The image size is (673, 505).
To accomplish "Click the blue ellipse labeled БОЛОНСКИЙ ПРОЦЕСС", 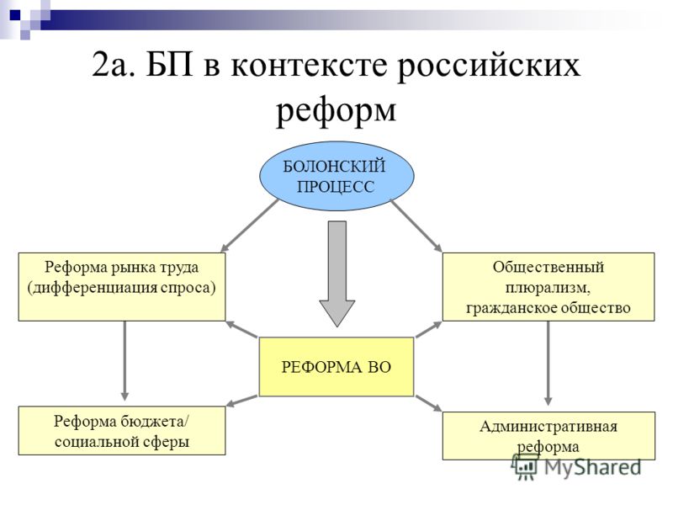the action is [x=337, y=176].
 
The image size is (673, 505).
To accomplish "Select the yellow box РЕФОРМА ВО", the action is [x=336, y=367].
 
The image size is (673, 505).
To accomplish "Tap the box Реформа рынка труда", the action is [x=122, y=286].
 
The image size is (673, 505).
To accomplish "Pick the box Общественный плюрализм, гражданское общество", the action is [x=548, y=286].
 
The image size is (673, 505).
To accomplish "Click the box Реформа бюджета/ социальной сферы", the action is [x=122, y=431].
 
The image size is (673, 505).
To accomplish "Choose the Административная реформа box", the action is [x=549, y=436].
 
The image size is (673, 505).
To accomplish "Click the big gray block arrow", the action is [x=337, y=274].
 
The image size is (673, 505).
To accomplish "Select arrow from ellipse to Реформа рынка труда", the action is [x=249, y=226].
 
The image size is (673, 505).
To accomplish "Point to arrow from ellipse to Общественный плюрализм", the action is [x=416, y=226].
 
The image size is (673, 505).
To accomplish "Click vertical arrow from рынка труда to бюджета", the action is [x=125, y=361].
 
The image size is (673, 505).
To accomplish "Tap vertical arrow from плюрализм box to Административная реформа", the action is [x=548, y=364].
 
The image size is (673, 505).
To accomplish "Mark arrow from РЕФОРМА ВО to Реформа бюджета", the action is [x=242, y=401].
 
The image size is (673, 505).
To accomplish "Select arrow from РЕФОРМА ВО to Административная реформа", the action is [x=428, y=403].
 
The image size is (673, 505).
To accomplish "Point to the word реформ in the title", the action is [x=336, y=111].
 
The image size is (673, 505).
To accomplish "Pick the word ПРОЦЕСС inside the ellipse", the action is [x=336, y=187].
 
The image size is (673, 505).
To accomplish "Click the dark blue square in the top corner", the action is [x=15, y=15].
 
